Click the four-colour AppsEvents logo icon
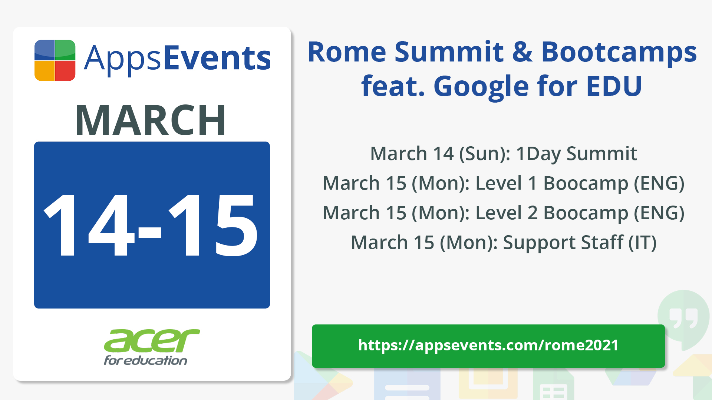55,60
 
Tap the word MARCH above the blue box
151,120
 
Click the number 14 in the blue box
89,225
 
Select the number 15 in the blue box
213,225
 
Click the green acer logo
152,341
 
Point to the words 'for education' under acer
145,360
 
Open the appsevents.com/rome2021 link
488,346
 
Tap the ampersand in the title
523,52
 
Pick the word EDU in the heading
614,86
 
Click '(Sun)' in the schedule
485,154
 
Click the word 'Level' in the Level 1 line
498,183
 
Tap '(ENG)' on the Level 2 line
659,213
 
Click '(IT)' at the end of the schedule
642,243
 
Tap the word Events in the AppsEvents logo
217,58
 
